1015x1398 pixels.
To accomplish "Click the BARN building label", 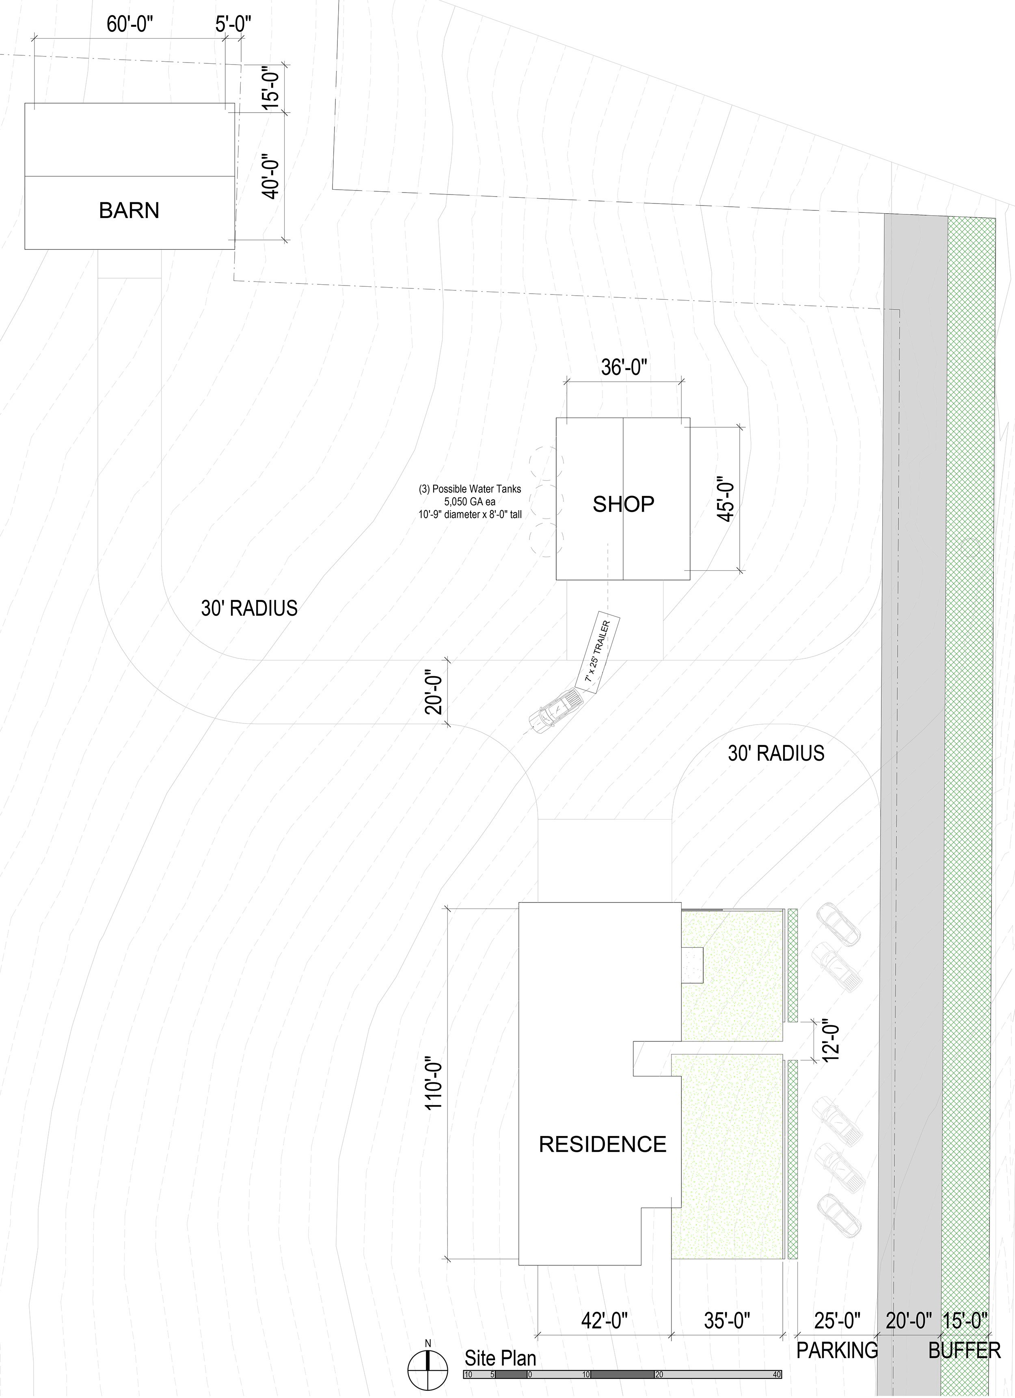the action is tap(129, 211).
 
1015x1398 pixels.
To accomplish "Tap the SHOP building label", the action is tap(623, 504).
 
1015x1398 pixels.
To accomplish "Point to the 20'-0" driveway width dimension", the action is tap(435, 692).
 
